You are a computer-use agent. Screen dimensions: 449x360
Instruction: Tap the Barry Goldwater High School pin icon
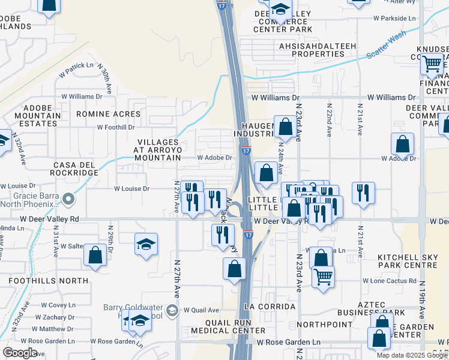(172, 310)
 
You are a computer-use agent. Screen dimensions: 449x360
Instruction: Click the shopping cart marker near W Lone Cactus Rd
(323, 276)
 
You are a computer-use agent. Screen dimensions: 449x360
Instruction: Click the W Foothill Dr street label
(116, 127)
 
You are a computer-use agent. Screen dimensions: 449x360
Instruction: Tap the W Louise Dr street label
(131, 188)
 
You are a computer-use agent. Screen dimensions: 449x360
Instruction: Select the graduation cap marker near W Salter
(145, 244)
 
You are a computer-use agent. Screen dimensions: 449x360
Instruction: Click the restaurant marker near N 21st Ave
(363, 193)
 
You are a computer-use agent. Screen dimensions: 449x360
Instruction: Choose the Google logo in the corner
(20, 353)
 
